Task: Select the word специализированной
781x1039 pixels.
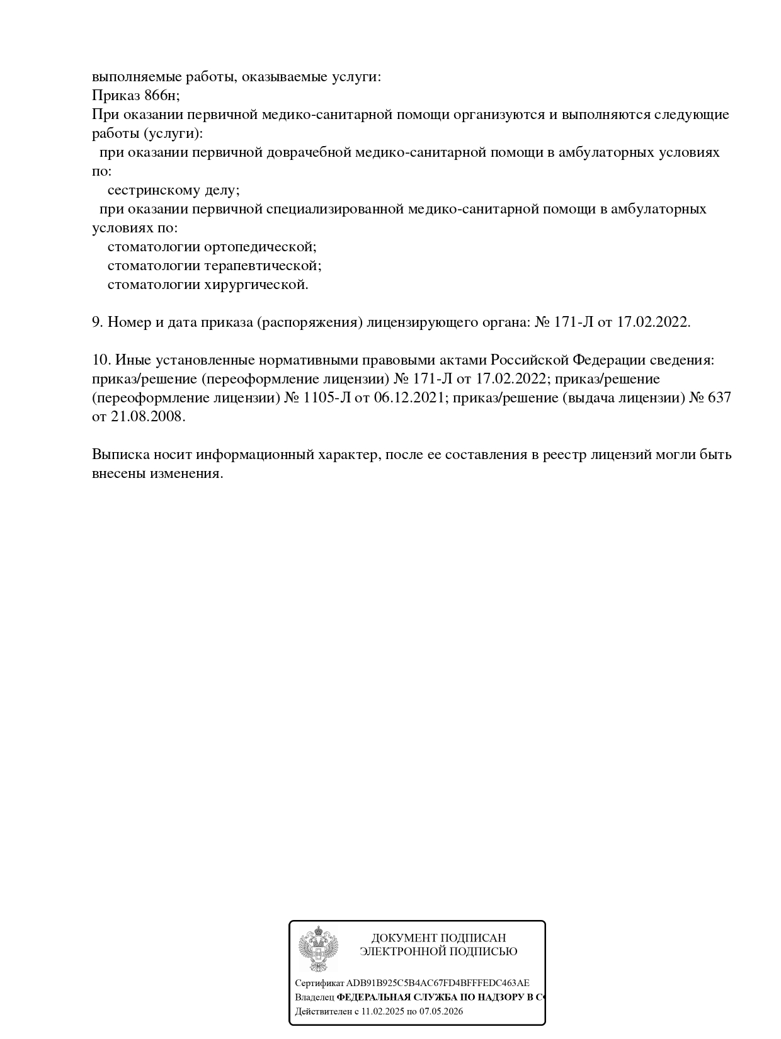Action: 335,209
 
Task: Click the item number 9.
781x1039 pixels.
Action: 97,322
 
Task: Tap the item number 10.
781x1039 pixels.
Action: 101,360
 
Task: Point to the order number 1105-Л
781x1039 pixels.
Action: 328,398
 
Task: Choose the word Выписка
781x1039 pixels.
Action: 119,455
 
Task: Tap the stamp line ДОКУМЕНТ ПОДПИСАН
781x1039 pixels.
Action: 438,938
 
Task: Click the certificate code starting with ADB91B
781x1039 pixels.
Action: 438,983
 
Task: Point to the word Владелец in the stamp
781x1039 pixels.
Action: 314,997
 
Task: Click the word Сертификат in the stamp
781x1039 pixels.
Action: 319,983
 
